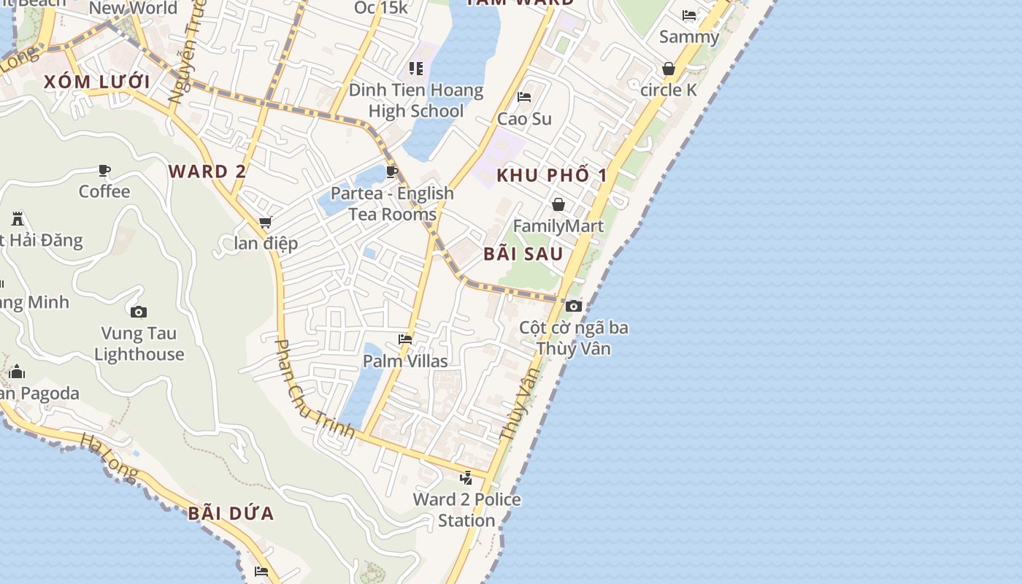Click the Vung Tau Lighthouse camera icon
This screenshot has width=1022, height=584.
pyautogui.click(x=139, y=312)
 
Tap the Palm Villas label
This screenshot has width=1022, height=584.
pyautogui.click(x=405, y=361)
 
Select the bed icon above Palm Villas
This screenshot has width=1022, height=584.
pyautogui.click(x=405, y=339)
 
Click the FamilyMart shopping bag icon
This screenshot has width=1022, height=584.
pyautogui.click(x=558, y=204)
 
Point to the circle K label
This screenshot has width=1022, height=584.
pyautogui.click(x=668, y=91)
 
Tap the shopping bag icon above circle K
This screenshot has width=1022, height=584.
pyautogui.click(x=668, y=69)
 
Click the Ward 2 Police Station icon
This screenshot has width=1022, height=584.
pyautogui.click(x=466, y=478)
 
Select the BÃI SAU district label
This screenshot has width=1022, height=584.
pyautogui.click(x=523, y=254)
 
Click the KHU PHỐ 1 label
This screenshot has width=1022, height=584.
pyautogui.click(x=552, y=175)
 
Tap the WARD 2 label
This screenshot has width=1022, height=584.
pyautogui.click(x=207, y=172)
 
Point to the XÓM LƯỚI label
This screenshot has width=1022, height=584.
pyautogui.click(x=97, y=82)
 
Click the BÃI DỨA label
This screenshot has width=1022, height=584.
pyautogui.click(x=231, y=513)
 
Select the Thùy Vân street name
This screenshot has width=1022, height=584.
pyautogui.click(x=520, y=403)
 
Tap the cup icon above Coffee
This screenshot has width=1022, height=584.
pyautogui.click(x=104, y=171)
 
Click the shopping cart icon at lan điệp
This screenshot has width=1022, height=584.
pyautogui.click(x=265, y=222)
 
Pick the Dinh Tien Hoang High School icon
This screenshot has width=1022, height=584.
pyautogui.click(x=416, y=69)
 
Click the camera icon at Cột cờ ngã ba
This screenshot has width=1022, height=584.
pyautogui.click(x=574, y=306)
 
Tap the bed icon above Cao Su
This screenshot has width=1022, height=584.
pyautogui.click(x=524, y=97)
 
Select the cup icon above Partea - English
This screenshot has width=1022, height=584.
pyautogui.click(x=392, y=172)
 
